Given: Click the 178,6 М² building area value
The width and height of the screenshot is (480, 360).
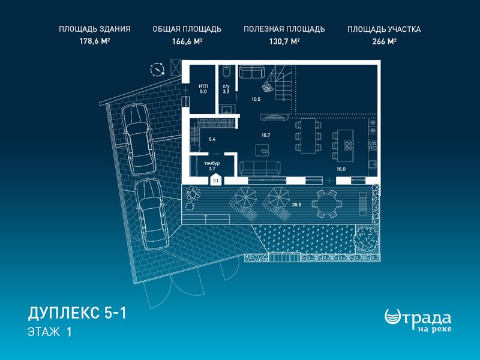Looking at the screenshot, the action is click(x=95, y=41).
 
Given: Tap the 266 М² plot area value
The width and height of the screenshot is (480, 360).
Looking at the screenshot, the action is click(x=384, y=41).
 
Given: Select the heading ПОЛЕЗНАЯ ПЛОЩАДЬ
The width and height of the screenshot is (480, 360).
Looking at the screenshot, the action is click(x=284, y=29).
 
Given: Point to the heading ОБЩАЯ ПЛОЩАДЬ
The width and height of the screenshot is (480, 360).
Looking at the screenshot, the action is click(x=187, y=29).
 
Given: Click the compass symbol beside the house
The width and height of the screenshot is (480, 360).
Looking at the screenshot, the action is click(x=158, y=70).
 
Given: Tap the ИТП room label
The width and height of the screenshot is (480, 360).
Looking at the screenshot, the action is click(x=203, y=86).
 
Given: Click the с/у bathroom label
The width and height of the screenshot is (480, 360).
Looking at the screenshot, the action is click(x=226, y=86).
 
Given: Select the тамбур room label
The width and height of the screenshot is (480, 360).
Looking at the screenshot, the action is click(x=212, y=163).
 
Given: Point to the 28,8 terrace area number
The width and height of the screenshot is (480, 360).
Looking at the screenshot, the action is click(x=296, y=205).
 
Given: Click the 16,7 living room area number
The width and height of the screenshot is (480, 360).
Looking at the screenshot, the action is click(x=266, y=135).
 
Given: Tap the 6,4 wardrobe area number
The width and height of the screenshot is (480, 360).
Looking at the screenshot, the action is click(x=212, y=139).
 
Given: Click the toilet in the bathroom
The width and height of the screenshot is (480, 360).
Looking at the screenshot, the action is click(x=227, y=71).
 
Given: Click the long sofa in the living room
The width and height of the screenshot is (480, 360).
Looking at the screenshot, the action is click(x=260, y=168).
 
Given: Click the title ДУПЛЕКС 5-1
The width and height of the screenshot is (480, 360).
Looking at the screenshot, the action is click(x=77, y=313).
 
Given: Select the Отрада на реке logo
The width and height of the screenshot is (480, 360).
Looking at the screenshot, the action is click(x=418, y=320).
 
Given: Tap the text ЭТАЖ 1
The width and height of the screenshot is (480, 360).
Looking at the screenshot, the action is click(x=50, y=332).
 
